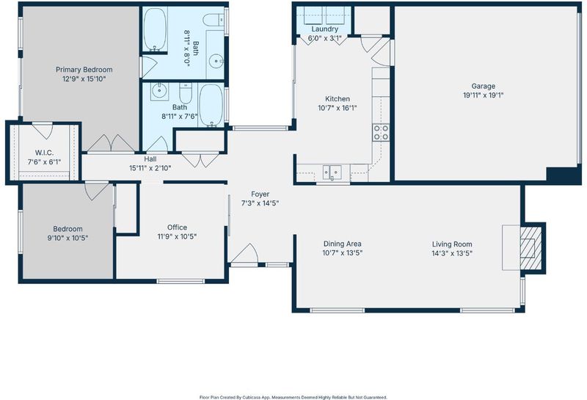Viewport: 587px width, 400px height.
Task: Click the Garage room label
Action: pyautogui.click(x=483, y=86)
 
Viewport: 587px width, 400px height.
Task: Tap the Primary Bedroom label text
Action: pyautogui.click(x=84, y=70)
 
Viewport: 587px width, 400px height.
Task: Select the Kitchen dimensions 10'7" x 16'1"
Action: pyautogui.click(x=338, y=108)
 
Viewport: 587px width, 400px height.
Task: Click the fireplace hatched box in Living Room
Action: pyautogui.click(x=531, y=247)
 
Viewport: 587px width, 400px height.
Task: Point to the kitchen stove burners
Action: pyautogui.click(x=381, y=133)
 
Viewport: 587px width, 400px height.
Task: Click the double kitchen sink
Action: pyautogui.click(x=332, y=172)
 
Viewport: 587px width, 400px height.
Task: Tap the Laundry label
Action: pyautogui.click(x=324, y=29)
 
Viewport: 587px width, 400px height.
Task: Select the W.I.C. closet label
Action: pyautogui.click(x=44, y=153)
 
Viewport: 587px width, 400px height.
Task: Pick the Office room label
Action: pyautogui.click(x=177, y=228)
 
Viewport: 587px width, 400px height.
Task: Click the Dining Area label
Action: pyautogui.click(x=343, y=244)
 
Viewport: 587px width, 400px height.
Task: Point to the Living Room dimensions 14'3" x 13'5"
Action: pyautogui.click(x=452, y=253)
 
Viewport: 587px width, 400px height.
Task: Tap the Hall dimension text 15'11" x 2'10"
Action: pyautogui.click(x=150, y=168)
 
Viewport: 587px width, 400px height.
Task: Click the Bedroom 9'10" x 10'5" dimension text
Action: pyautogui.click(x=68, y=238)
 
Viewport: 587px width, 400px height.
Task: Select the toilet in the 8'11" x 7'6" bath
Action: pyautogui.click(x=186, y=93)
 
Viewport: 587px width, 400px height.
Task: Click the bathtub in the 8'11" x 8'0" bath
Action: pyautogui.click(x=155, y=29)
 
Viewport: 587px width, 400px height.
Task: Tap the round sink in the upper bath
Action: pyautogui.click(x=216, y=61)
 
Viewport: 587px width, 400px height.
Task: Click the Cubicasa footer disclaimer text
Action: pyautogui.click(x=293, y=397)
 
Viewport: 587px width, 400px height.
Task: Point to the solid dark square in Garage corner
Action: pyautogui.click(x=564, y=175)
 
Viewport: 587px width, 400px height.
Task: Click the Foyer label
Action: pyautogui.click(x=260, y=194)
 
